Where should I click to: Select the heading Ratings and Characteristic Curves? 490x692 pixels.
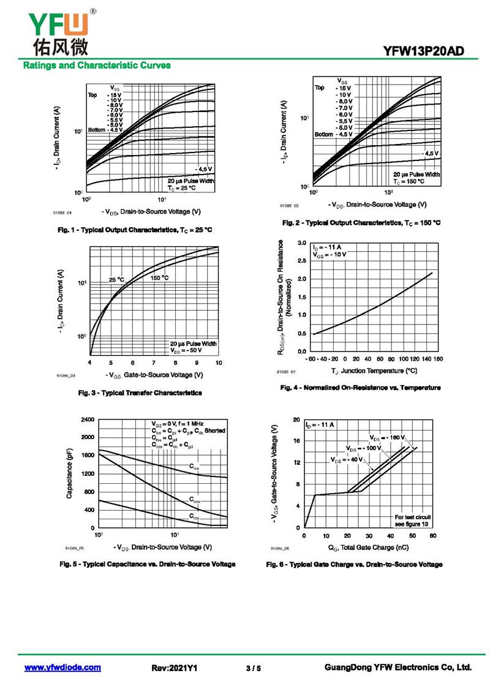[x=97, y=65]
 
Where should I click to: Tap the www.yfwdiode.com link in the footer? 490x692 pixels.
[x=62, y=668]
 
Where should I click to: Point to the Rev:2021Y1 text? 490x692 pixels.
[x=175, y=668]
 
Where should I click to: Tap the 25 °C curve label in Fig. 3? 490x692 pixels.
[x=116, y=280]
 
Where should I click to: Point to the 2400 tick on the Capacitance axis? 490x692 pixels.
[x=87, y=419]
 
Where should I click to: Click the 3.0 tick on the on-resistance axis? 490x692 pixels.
[x=301, y=243]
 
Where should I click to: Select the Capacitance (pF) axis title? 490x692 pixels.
[x=70, y=473]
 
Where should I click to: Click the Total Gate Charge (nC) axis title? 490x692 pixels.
[x=368, y=547]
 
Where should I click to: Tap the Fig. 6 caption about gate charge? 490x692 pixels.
[x=354, y=564]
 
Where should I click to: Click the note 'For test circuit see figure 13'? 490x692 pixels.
[x=413, y=521]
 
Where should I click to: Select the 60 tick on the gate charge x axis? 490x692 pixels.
[x=432, y=536]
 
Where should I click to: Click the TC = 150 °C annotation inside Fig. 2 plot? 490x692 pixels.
[x=417, y=182]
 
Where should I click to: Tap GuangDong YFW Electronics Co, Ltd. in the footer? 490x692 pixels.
[x=398, y=668]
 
